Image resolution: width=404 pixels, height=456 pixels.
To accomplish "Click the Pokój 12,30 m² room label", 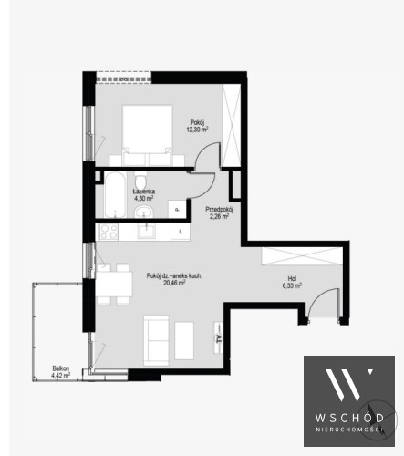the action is [197, 126].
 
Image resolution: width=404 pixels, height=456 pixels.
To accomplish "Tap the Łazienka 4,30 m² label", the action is [144, 195].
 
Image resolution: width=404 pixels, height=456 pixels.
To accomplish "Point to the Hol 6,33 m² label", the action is [292, 282].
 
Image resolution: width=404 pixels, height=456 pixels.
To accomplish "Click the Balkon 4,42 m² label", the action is [61, 371].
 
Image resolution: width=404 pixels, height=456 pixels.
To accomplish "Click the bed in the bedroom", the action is [147, 136].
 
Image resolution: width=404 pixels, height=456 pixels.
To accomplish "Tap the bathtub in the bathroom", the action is [115, 194].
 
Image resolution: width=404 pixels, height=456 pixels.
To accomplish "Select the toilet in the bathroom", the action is [140, 181].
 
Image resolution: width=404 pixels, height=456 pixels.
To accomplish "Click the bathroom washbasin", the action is [144, 212].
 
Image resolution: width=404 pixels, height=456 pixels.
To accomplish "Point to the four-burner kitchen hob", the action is [109, 232].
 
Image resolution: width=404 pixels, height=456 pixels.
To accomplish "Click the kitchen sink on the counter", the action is [146, 232].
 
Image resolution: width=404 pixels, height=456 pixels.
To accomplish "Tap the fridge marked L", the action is [181, 232].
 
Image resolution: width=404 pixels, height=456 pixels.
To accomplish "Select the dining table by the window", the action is [114, 285].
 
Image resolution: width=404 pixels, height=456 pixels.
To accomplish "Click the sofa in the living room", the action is [156, 340].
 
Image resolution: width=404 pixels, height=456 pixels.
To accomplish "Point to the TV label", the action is [218, 339].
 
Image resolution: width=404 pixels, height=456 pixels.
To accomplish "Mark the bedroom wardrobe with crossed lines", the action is [232, 125].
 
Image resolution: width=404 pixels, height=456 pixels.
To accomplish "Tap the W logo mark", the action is [348, 385].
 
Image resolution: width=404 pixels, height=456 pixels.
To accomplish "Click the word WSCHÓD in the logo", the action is [349, 417].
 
